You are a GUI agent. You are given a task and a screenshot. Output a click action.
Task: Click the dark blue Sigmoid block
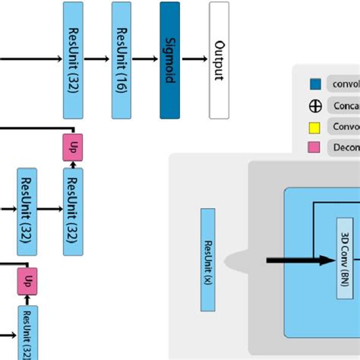(170, 60)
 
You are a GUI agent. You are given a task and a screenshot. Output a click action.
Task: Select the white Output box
(219, 60)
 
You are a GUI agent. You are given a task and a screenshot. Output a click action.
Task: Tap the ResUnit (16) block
(122, 60)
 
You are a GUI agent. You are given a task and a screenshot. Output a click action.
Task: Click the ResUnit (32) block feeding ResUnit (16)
(73, 60)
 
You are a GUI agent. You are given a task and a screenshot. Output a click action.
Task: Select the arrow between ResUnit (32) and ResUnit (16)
(97, 59)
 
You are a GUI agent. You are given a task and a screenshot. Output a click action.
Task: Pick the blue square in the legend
(313, 84)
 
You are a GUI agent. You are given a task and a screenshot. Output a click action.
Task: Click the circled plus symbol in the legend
(313, 106)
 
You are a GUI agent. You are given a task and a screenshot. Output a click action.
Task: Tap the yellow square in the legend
(313, 126)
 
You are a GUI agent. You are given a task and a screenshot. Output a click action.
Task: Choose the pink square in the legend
(313, 147)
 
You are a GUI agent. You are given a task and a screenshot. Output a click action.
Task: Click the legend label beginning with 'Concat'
(343, 106)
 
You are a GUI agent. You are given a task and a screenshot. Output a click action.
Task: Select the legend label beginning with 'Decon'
(343, 147)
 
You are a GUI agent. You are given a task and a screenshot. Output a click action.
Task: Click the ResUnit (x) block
(207, 260)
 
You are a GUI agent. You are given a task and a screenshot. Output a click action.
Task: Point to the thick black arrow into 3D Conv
(300, 261)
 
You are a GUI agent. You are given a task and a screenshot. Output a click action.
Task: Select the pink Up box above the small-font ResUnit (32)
(27, 280)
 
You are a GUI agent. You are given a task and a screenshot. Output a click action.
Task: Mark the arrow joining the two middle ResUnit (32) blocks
(49, 206)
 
